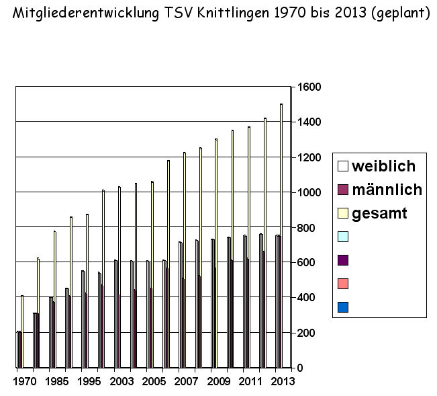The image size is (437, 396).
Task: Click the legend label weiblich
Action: (x=383, y=165)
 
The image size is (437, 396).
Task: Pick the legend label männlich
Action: (x=387, y=190)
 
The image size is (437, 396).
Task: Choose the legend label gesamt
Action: (x=379, y=214)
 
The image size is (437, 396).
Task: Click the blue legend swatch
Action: (x=343, y=307)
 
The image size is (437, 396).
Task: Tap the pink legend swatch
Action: (x=343, y=284)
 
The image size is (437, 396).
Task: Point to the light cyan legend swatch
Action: (x=343, y=237)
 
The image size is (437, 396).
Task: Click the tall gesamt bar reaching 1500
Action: (x=281, y=235)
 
